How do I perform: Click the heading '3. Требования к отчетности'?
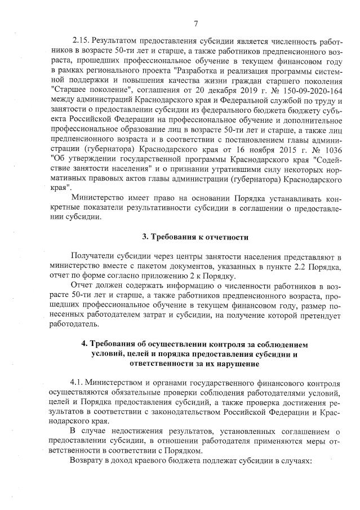195,235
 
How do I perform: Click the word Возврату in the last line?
89,461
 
